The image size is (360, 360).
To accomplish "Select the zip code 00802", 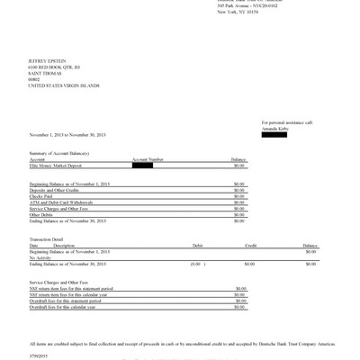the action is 36,78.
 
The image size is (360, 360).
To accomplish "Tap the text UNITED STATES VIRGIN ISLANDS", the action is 65,85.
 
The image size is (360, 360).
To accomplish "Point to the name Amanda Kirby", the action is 276,127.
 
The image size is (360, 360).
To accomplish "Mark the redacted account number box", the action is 142,165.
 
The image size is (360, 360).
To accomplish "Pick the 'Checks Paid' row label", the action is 42,196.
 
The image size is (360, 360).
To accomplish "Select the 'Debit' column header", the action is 198,245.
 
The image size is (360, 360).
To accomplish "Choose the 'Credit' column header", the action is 251,245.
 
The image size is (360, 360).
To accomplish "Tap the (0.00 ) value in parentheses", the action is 195,263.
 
